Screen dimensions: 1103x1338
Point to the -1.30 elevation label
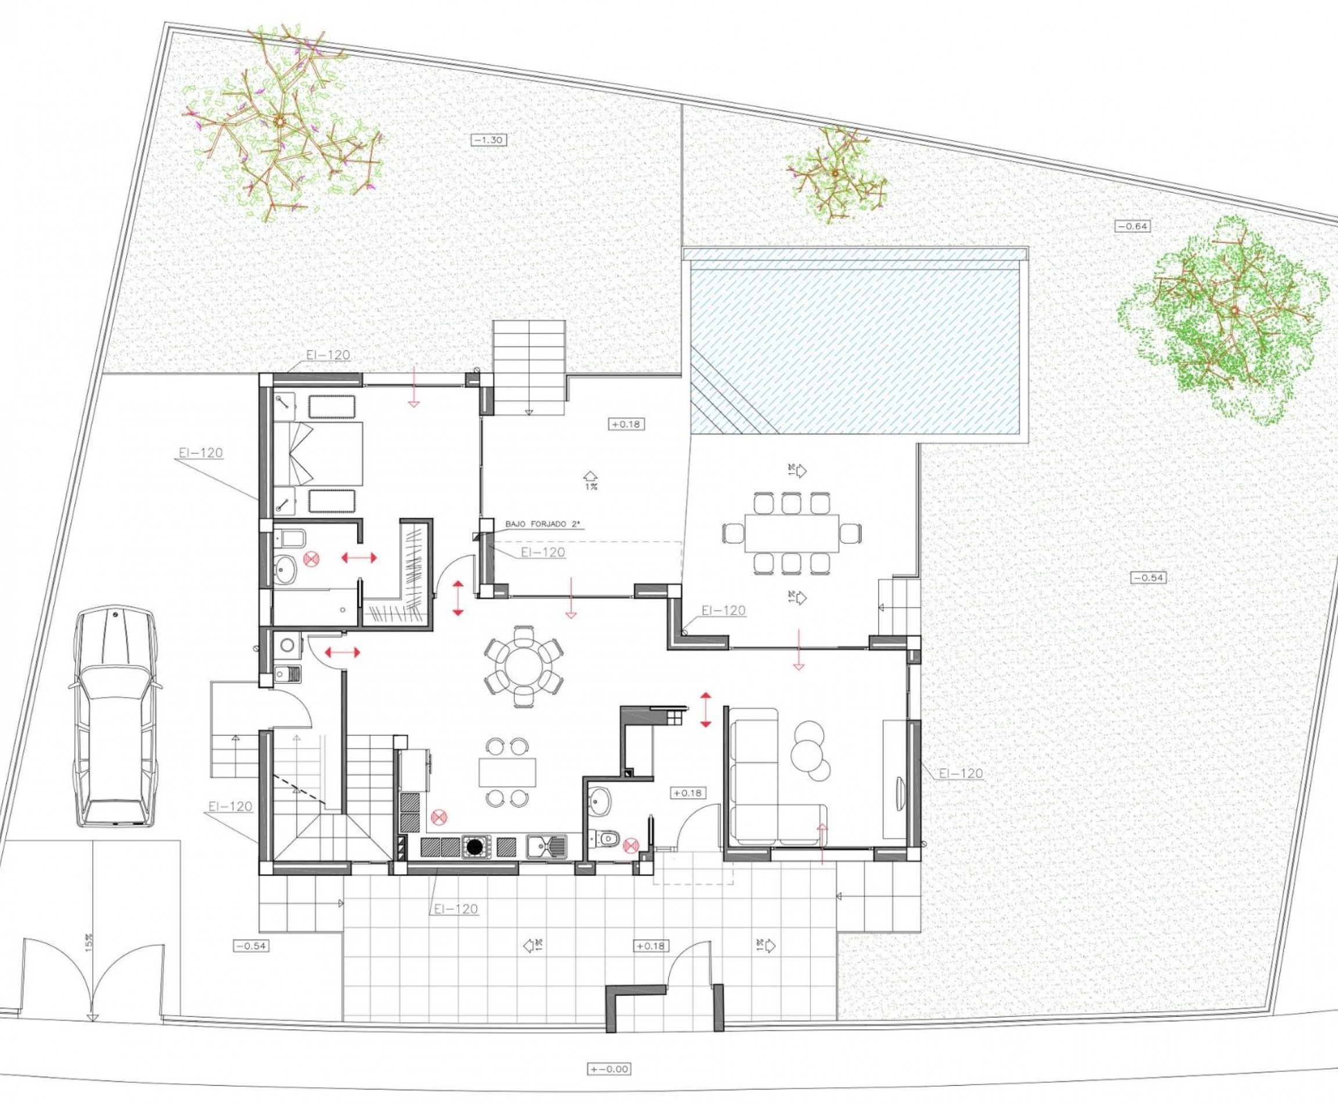pos(489,140)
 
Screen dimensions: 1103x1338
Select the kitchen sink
pos(546,846)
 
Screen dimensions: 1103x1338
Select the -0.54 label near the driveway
pos(250,946)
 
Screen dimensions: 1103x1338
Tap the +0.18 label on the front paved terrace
pos(650,946)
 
